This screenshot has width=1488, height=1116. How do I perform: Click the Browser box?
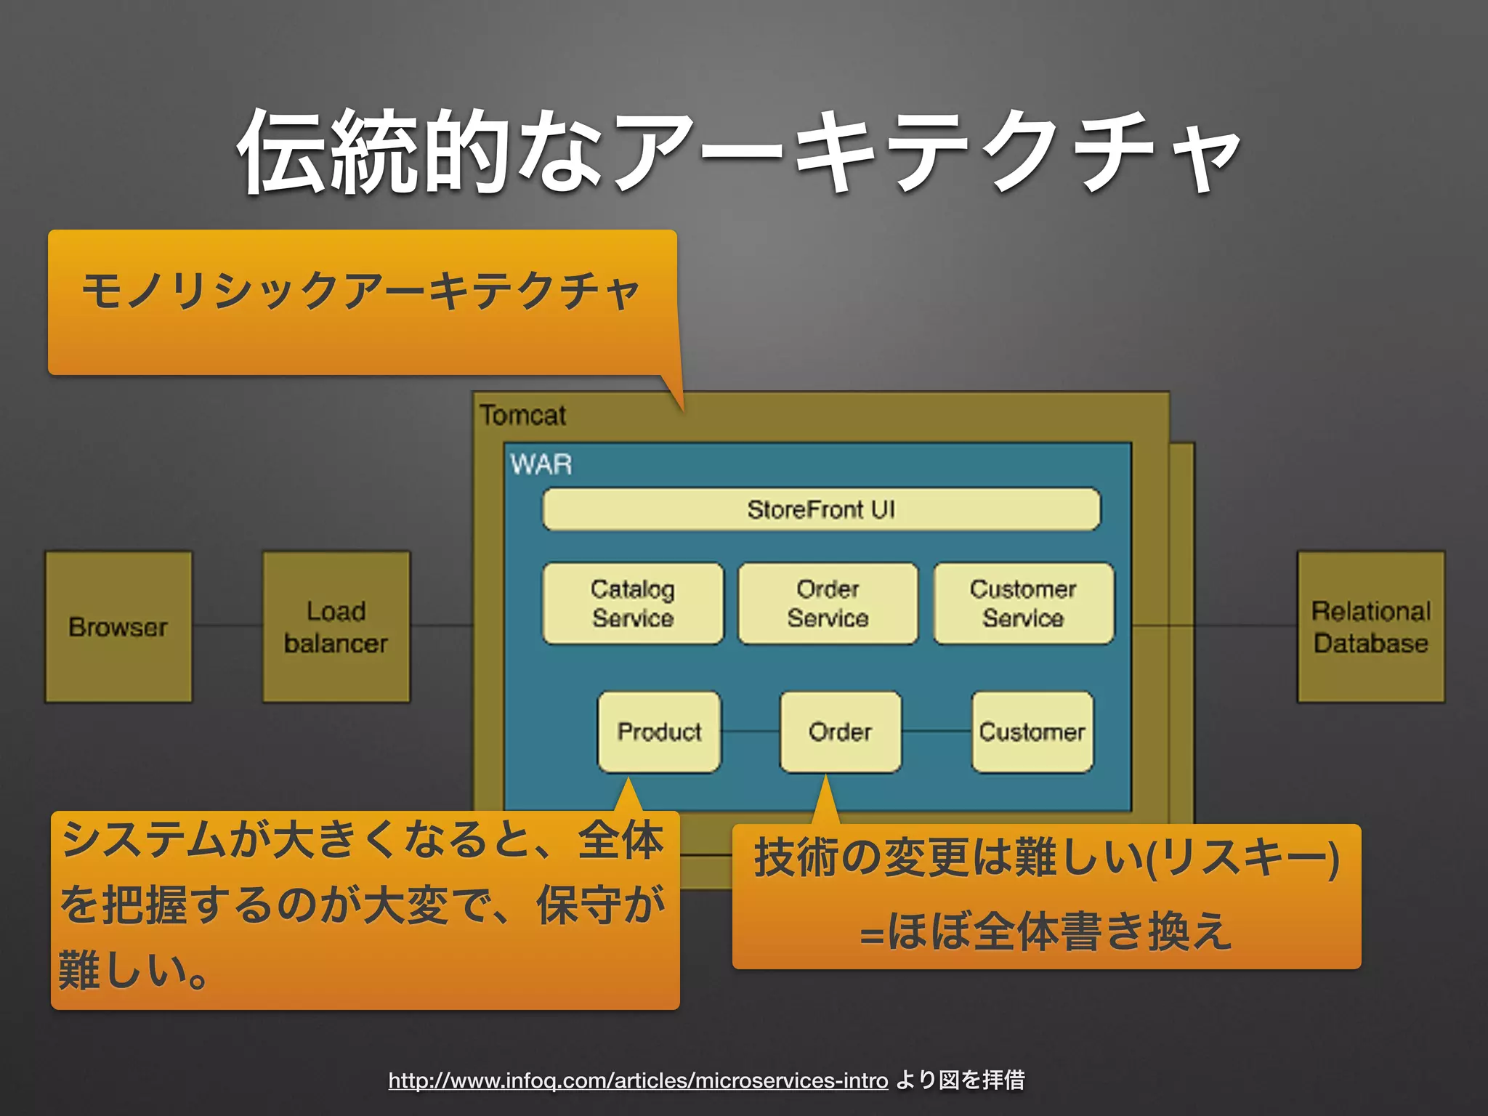tap(118, 626)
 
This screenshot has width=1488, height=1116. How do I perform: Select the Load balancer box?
tap(336, 626)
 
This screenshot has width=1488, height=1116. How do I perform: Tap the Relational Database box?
tap(1370, 626)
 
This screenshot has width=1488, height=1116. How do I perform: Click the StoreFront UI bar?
tap(821, 509)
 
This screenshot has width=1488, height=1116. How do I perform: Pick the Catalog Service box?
tap(633, 603)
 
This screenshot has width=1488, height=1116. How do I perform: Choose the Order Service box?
tap(828, 603)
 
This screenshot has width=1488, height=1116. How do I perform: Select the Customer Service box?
tap(1023, 603)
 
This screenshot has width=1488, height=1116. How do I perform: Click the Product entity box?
tap(659, 732)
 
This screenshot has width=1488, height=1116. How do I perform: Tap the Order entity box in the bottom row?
tap(840, 732)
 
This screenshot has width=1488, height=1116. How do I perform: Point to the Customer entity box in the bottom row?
tap(1032, 732)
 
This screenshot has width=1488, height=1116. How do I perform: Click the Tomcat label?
tap(522, 416)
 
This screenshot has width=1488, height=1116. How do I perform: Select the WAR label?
tap(541, 464)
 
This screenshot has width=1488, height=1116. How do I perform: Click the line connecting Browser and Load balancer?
tap(227, 625)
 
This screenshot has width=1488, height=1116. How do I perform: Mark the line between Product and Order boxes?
tap(751, 732)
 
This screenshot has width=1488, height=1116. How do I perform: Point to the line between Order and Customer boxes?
tap(937, 732)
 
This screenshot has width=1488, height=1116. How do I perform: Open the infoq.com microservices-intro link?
tap(638, 1080)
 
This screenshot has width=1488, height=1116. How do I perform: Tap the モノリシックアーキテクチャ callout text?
tap(361, 291)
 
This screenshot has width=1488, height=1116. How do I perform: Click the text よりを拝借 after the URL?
tap(959, 1080)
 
